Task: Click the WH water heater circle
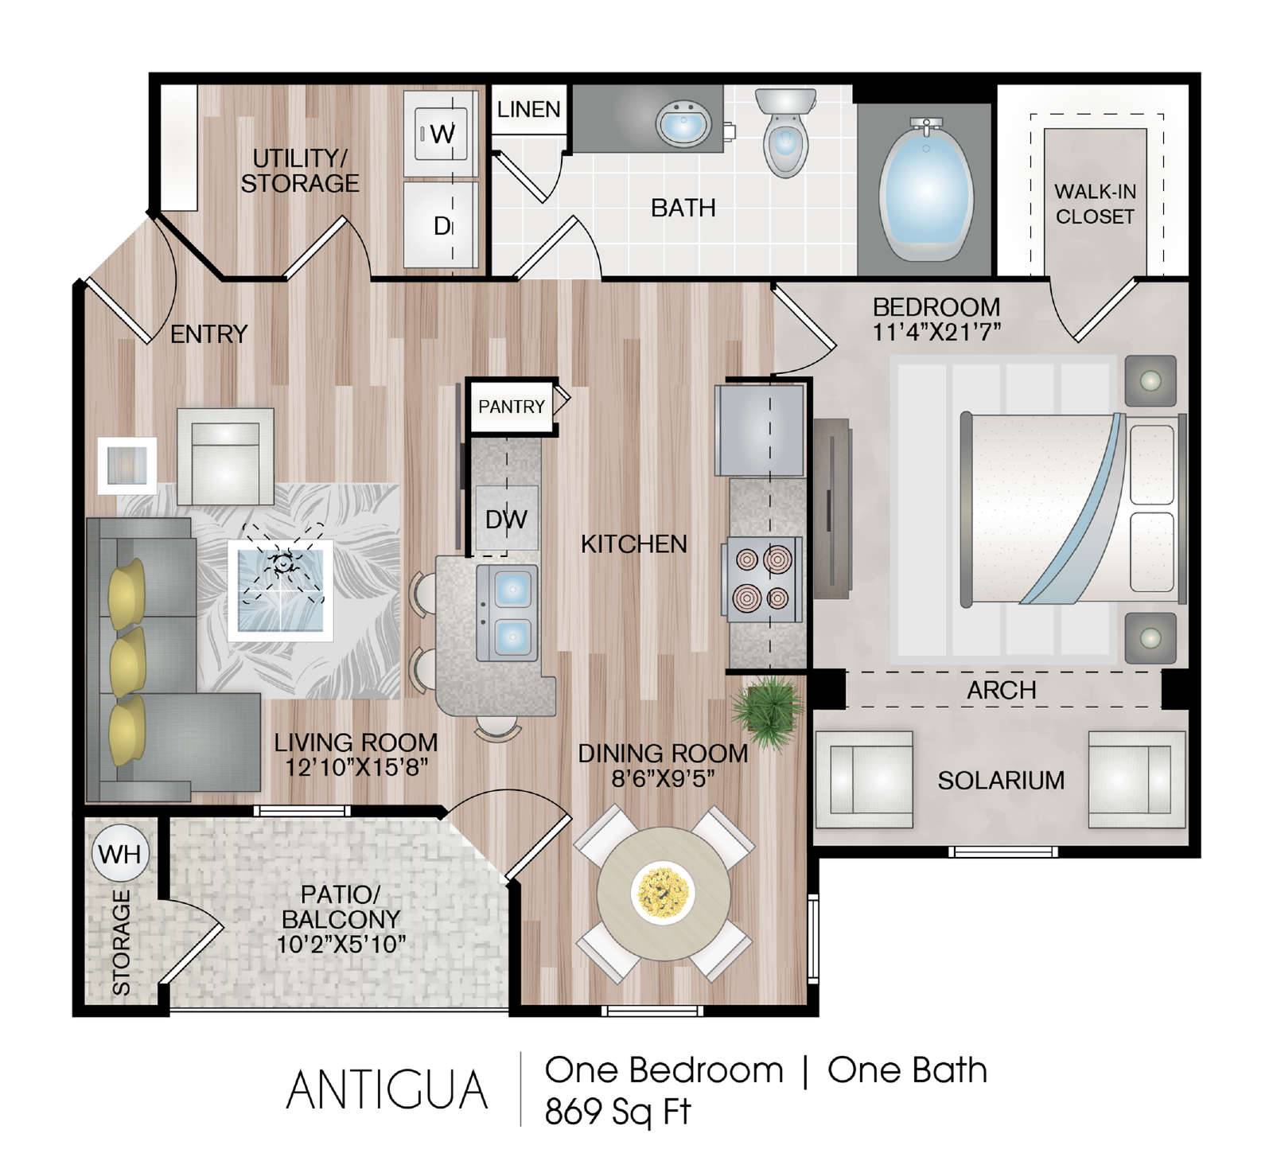120,854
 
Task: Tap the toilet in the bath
785,131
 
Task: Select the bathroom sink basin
683,124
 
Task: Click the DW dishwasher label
506,520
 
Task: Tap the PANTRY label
512,407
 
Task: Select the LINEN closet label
529,109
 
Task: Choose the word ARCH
1002,690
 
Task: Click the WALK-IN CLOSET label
1095,204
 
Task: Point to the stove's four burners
762,579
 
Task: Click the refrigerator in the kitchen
760,431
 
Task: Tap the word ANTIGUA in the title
387,1089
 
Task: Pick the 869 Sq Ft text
617,1112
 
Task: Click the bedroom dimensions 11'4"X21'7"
936,332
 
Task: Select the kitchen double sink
507,613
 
